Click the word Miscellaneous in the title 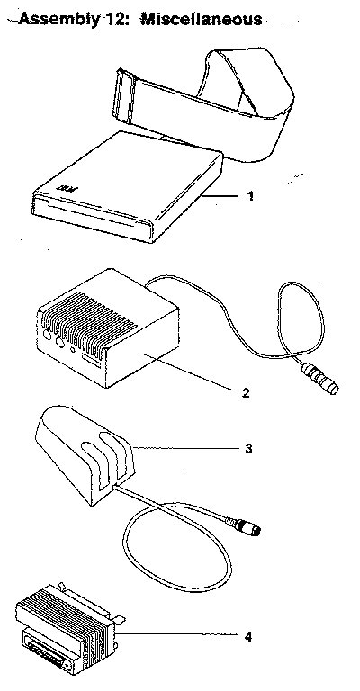(201, 20)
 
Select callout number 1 (250, 195)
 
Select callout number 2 (246, 392)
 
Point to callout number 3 (248, 449)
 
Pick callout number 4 (248, 636)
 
